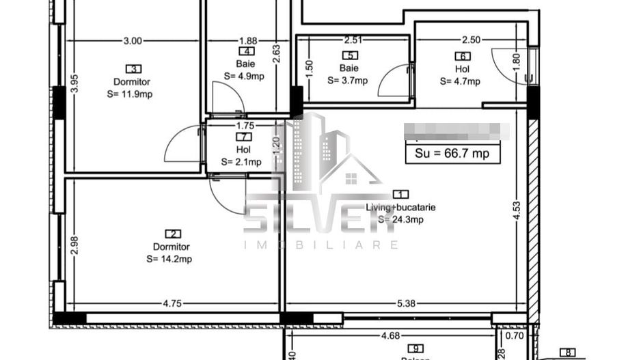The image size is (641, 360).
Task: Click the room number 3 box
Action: (133, 68)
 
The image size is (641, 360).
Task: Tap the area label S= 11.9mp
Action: (129, 94)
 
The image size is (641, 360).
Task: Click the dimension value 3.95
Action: (74, 83)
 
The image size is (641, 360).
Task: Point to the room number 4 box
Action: (246, 51)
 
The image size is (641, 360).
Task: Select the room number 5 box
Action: (351, 56)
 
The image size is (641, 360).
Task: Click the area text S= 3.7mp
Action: (347, 80)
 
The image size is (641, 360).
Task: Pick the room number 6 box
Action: (463, 57)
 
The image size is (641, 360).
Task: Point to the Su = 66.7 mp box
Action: (452, 154)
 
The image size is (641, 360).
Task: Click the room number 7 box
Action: (243, 137)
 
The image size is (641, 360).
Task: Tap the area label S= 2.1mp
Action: (241, 162)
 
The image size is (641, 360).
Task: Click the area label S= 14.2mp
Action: (169, 259)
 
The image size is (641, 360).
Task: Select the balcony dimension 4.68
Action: (390, 335)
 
